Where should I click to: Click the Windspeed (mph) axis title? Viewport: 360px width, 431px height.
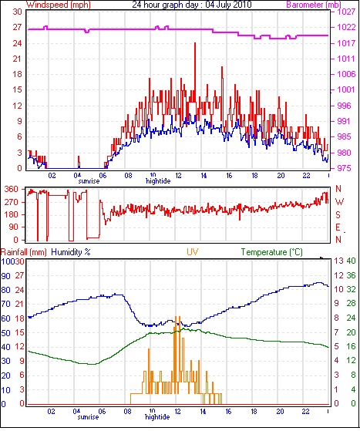coord(59,5)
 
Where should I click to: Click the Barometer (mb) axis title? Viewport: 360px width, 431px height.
coord(314,5)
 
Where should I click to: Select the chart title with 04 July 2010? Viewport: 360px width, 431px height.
coord(192,5)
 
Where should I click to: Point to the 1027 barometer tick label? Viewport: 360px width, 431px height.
coord(346,12)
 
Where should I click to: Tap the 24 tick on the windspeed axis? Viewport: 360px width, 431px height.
coord(17,43)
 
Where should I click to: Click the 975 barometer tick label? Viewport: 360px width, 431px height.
coord(344,168)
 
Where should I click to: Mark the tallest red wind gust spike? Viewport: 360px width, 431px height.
coord(195,43)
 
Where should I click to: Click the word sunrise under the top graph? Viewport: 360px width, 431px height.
coord(89,181)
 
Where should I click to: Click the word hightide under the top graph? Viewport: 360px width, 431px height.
coord(158,181)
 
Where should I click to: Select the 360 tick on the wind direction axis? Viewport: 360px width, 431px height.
coord(12,190)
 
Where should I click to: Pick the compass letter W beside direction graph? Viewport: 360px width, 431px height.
coord(339,202)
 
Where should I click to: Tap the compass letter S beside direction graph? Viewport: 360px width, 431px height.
coord(338,214)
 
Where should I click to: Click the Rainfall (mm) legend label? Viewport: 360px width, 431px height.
coord(24,252)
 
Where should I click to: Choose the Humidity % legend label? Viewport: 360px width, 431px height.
coord(71,252)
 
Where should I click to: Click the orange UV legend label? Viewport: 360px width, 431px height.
coord(193,252)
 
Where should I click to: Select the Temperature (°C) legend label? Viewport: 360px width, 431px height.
coord(272,252)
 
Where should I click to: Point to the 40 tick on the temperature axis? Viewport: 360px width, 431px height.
coord(352,261)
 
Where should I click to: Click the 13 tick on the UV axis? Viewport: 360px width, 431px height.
coord(339,261)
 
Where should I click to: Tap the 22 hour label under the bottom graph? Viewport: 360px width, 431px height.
coord(305,412)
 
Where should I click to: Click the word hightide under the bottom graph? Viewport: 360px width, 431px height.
coord(157,417)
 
